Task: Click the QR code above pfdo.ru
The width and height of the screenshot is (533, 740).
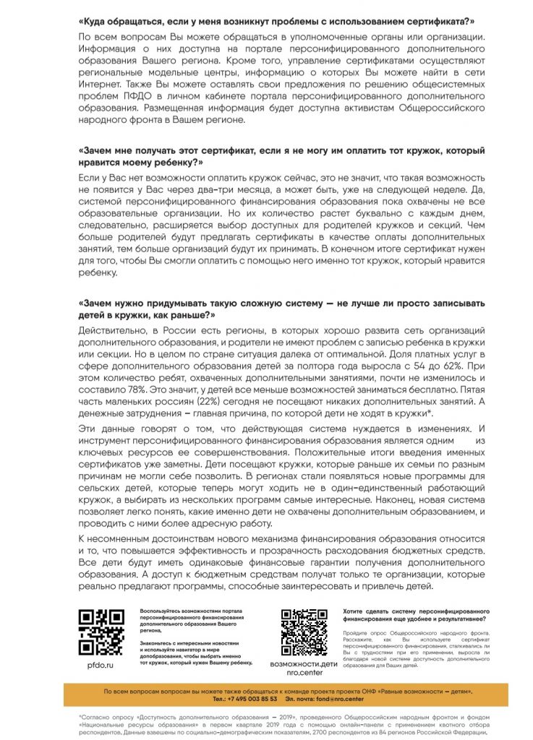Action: [101, 631]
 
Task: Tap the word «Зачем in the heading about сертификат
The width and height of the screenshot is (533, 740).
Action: [98, 150]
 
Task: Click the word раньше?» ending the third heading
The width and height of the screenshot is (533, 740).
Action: [187, 315]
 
